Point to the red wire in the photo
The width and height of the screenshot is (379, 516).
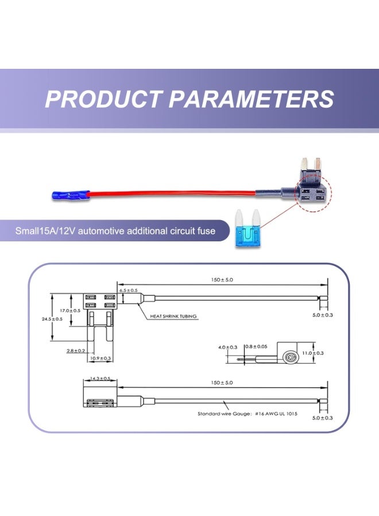pyautogui.click(x=172, y=195)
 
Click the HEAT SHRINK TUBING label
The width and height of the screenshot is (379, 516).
pyautogui.click(x=174, y=316)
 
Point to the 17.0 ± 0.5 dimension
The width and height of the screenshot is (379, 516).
pyautogui.click(x=71, y=310)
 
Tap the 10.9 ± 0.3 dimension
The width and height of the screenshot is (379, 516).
pyautogui.click(x=100, y=358)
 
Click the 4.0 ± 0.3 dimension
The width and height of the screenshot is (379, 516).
pyautogui.click(x=228, y=347)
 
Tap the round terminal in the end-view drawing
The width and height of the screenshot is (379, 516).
pyautogui.click(x=289, y=355)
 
